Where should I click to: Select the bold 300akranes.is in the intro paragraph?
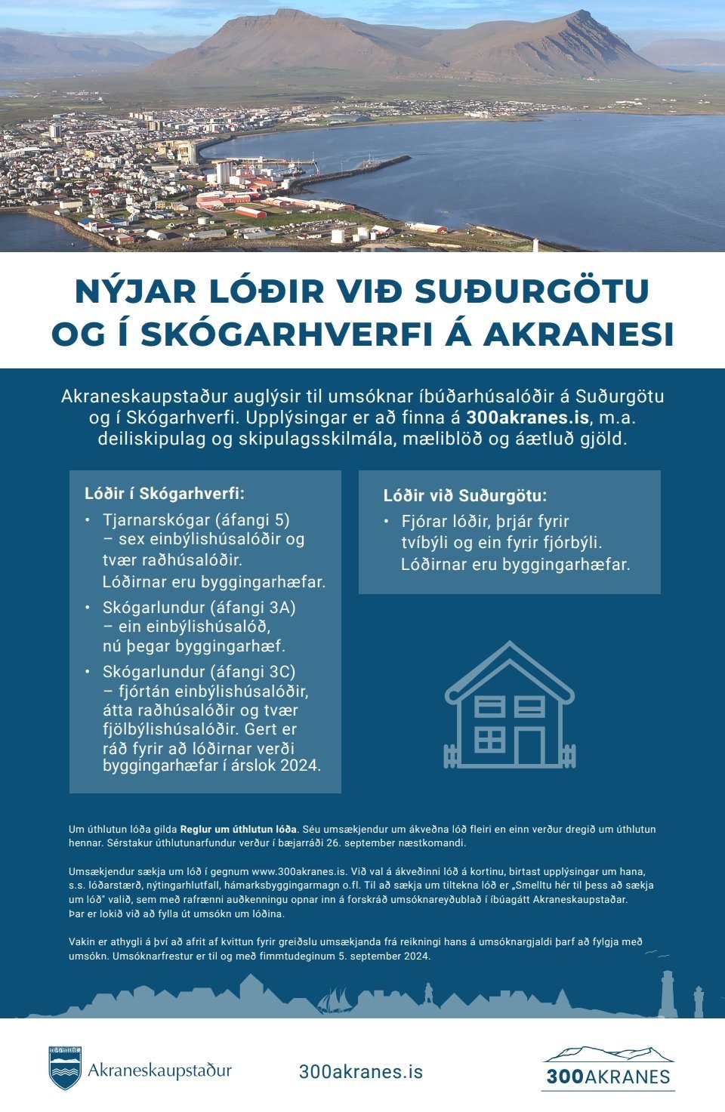527,417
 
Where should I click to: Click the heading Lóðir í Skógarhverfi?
165,494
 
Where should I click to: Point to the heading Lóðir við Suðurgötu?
464,496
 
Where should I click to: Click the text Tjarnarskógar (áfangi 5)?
196,519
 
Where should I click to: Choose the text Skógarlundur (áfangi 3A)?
199,607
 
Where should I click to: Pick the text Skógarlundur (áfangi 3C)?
199,672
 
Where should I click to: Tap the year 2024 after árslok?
301,765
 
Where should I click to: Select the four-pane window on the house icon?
489,739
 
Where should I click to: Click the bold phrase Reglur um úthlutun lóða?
239,829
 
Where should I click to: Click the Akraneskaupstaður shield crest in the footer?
65,1068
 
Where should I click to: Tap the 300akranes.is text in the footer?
361,1071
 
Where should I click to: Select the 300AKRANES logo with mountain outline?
608,1068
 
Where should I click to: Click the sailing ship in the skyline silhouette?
334,1001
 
